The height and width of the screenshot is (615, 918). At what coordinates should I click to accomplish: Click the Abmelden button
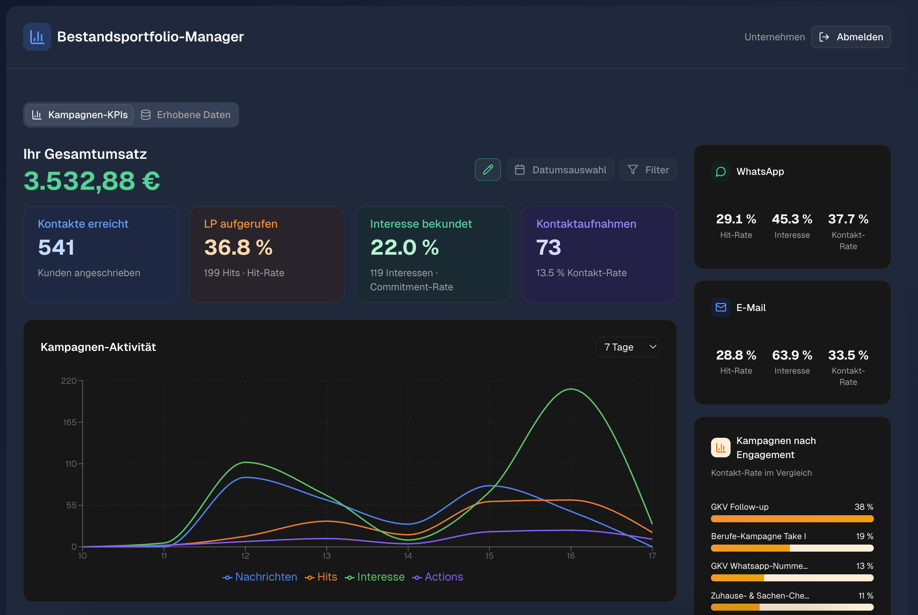coord(851,37)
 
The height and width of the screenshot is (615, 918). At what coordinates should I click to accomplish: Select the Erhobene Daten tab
coord(185,115)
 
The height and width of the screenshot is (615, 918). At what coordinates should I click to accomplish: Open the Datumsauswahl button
coord(560,170)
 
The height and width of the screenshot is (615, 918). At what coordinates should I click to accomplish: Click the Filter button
coord(648,170)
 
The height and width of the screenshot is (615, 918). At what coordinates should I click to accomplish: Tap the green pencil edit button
coord(488,170)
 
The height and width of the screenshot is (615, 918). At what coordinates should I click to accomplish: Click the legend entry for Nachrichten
coord(260,577)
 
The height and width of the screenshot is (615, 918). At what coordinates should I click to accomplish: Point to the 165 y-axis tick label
coord(69,423)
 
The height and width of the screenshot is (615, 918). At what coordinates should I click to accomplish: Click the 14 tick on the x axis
coord(408,556)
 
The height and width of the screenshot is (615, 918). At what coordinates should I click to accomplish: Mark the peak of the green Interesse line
coord(571,389)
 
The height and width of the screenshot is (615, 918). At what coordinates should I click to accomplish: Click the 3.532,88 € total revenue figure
coord(92,181)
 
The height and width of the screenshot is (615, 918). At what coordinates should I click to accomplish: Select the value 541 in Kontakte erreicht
coord(56,248)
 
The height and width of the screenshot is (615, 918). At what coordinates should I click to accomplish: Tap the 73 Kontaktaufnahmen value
coord(549,248)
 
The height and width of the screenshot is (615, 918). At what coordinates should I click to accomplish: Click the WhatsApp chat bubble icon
coord(721,172)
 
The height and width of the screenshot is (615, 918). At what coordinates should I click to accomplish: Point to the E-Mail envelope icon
coord(721,307)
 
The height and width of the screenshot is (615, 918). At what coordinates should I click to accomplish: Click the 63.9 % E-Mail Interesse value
coord(792,355)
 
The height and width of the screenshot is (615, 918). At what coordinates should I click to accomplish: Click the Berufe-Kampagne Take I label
coord(758,536)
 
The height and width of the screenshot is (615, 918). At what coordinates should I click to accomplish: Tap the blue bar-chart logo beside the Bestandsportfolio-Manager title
coord(37,37)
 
